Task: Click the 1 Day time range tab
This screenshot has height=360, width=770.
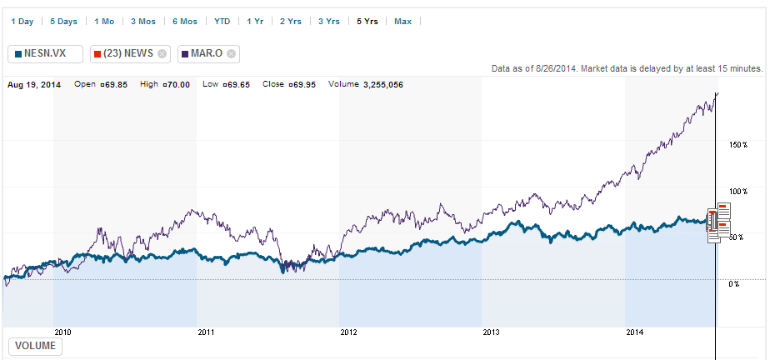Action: (22, 21)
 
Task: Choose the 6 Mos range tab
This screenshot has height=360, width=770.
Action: (185, 21)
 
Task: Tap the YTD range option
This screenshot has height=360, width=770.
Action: (222, 21)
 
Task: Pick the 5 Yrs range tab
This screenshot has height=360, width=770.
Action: (367, 21)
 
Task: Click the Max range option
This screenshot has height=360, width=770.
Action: (402, 21)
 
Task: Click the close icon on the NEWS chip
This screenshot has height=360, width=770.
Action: (162, 54)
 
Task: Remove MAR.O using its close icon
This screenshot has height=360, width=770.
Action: (231, 54)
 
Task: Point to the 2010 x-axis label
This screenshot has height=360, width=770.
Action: (62, 332)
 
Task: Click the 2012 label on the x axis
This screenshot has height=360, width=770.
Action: (348, 332)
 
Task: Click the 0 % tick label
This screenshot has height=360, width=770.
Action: (733, 284)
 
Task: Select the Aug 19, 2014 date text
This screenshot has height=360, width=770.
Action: (34, 84)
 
